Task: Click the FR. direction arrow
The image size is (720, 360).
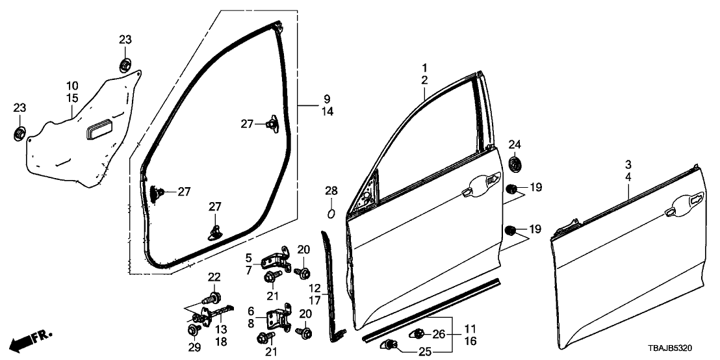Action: tap(32, 339)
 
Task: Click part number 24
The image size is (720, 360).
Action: tap(515, 144)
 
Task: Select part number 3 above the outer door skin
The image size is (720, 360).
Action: tap(629, 164)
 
